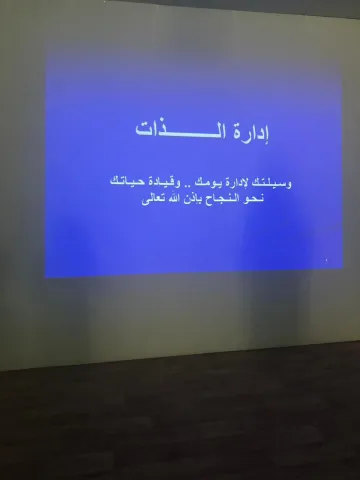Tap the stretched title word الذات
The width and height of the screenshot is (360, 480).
point(176,130)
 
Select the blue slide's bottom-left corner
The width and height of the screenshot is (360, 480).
point(47,276)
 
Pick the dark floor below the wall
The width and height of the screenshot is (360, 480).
point(180,420)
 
